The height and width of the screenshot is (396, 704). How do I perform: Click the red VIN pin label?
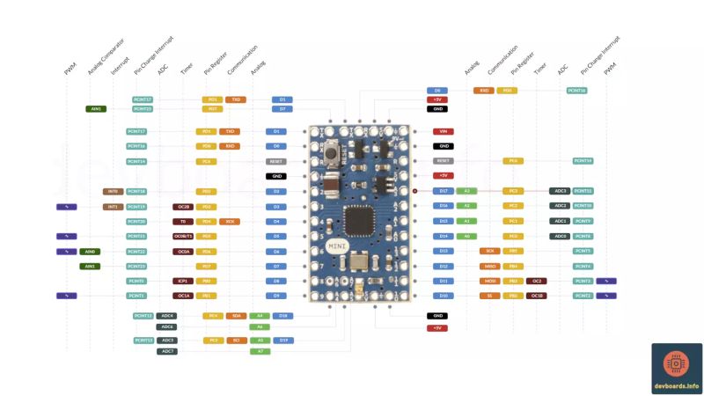(x=444, y=131)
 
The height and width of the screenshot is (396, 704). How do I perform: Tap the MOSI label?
(x=490, y=281)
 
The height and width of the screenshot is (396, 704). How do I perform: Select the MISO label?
(x=490, y=266)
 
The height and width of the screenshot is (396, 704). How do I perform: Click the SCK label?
(x=490, y=251)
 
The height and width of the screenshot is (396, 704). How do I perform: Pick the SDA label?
(x=236, y=315)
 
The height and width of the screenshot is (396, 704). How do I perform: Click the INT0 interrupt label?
(x=112, y=191)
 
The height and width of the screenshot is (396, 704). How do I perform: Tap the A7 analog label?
(x=260, y=351)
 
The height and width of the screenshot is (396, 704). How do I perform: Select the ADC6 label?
(x=167, y=326)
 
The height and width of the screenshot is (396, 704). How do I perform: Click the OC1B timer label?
(x=536, y=296)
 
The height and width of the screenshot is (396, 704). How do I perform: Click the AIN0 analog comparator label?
(x=90, y=252)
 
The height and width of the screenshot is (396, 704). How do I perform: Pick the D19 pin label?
(x=283, y=340)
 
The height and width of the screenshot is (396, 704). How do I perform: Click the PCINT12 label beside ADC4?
(x=143, y=315)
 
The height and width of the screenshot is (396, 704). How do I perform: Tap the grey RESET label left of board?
(x=277, y=162)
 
